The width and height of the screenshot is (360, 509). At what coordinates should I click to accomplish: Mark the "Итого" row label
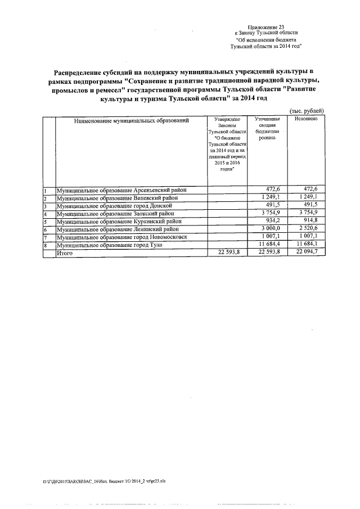tap(64, 254)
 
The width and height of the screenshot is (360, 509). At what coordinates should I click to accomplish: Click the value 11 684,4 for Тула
tap(268, 246)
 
